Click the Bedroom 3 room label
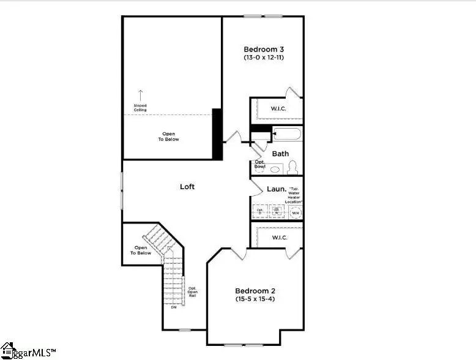(264, 49)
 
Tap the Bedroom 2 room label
(256, 291)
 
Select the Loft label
(187, 186)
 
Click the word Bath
(280, 154)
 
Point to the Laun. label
(277, 189)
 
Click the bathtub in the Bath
(286, 134)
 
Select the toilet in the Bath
(292, 167)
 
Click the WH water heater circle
(296, 212)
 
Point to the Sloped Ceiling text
(140, 108)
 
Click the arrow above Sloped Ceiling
(140, 95)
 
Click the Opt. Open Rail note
(192, 292)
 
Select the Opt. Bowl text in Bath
(260, 164)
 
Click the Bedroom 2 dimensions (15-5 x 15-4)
(256, 299)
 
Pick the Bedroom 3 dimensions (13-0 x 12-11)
(264, 58)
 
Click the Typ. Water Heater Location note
(294, 195)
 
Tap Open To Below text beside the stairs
(141, 250)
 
